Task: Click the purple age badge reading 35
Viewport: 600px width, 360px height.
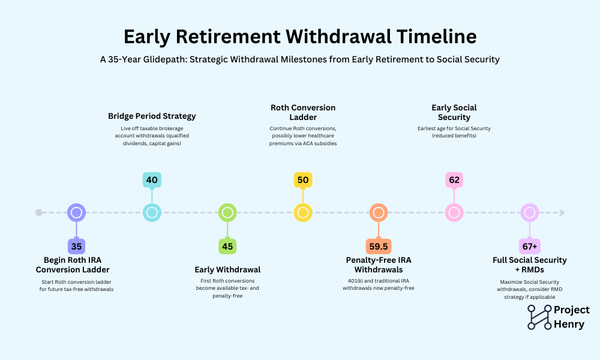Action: coord(77,247)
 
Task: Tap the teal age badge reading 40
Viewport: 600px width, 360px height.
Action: coord(152,180)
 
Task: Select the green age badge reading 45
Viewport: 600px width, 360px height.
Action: coord(227,247)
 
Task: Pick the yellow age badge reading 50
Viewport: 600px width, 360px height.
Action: coord(303,180)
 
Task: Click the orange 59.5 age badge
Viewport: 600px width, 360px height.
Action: coord(379,247)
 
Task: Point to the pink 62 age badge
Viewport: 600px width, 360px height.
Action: coord(454,180)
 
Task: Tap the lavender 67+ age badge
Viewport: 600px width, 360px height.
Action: coord(530,247)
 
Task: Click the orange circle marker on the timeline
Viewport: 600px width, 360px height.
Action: coord(379,212)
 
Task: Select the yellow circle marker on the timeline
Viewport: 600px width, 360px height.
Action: coord(303,212)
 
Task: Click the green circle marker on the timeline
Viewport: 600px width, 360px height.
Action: coord(227,212)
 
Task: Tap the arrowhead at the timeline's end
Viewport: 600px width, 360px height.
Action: coord(562,212)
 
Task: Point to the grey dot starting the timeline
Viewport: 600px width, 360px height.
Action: coord(38,212)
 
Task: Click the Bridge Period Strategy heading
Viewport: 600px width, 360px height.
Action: coord(152,116)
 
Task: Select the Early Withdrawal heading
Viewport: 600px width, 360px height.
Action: coord(227,270)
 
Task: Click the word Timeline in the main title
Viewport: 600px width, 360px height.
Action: coord(437,37)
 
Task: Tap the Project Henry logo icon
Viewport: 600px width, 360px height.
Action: coord(539,317)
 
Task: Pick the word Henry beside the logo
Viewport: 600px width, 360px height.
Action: coord(569,325)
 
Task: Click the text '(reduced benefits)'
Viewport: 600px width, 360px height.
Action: coord(454,136)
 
